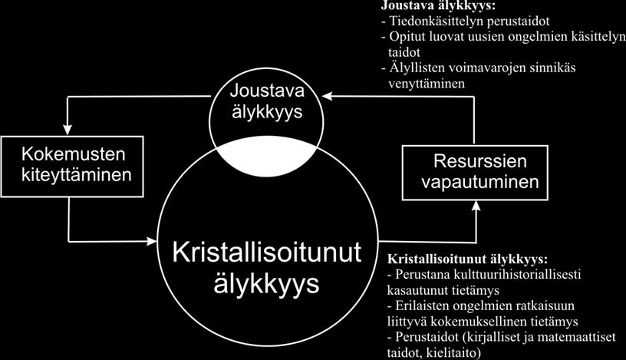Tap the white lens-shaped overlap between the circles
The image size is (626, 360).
267,157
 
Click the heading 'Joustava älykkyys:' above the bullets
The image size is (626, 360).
437,5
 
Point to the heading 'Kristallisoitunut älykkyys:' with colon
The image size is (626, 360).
467,259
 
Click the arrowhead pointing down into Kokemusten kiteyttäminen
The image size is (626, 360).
68,130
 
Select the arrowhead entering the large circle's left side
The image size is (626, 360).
152,241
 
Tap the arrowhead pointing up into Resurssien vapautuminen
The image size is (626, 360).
476,206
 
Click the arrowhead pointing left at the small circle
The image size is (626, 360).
327,96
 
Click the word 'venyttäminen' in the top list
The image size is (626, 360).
427,84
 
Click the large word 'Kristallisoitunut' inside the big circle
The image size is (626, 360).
267,253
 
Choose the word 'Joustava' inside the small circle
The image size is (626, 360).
267,91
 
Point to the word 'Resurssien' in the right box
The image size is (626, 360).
480,161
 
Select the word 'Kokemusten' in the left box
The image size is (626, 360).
74,154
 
